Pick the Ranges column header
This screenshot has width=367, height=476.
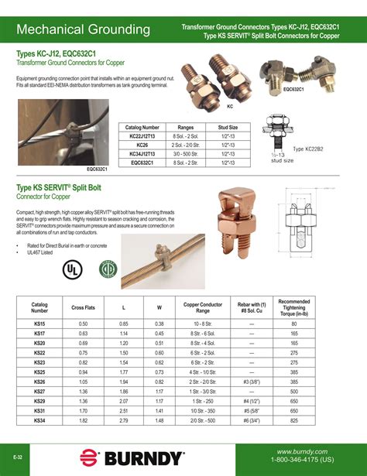(x=185, y=126)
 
